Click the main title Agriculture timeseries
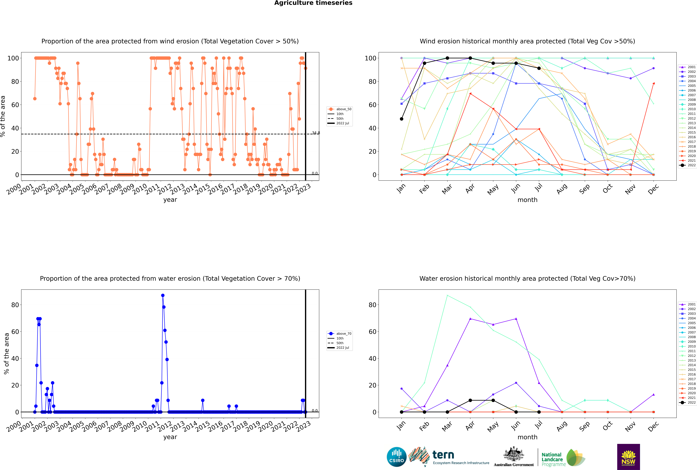coord(313,3)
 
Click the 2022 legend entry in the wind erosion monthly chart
coord(688,165)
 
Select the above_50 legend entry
coord(340,109)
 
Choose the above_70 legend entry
coord(340,334)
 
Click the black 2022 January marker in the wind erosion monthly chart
coord(402,119)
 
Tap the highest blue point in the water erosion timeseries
coord(163,295)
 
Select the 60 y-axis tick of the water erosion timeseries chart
coord(15,331)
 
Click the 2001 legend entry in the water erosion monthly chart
coord(688,304)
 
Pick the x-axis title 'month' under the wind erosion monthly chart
coord(527,200)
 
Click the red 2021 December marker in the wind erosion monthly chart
coord(654,83)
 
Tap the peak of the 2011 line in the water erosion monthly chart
coord(447,295)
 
